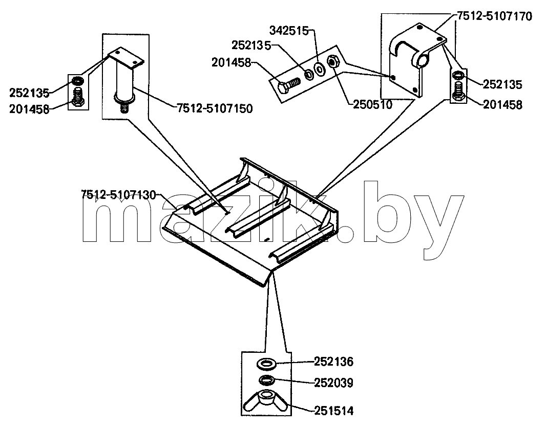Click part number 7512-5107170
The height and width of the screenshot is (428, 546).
(494, 16)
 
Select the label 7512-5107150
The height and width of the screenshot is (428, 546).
(215, 108)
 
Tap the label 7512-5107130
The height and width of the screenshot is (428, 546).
(118, 195)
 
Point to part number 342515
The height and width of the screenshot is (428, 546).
(289, 31)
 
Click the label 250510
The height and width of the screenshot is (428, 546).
(372, 104)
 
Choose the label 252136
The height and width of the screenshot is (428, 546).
(333, 362)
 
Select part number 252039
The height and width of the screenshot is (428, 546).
(333, 383)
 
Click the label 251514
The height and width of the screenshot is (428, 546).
(333, 411)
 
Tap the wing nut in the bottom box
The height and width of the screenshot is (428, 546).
(266, 401)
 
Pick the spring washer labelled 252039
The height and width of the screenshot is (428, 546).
(267, 380)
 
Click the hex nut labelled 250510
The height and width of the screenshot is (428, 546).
(332, 62)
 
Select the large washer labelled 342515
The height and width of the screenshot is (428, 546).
(319, 69)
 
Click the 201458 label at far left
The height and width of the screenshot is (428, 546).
(29, 109)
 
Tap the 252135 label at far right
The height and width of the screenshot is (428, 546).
(502, 84)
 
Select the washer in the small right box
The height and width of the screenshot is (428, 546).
(458, 75)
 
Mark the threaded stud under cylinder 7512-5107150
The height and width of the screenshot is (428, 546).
(124, 108)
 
